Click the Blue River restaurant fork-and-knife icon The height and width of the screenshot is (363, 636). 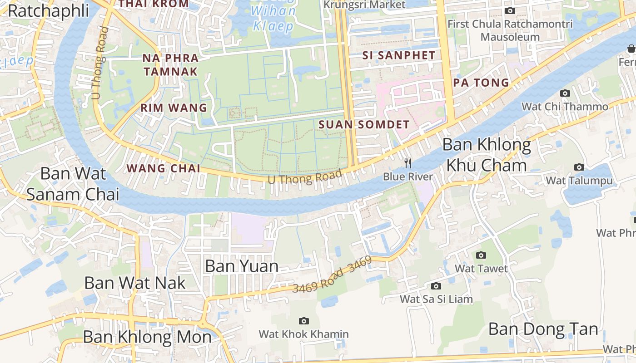pos(408,163)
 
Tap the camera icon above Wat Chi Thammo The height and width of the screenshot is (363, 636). pos(565,93)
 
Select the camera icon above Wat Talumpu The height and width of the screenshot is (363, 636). pos(579,167)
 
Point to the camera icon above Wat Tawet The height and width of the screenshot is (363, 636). pos(481,255)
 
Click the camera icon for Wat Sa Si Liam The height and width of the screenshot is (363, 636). pos(436,286)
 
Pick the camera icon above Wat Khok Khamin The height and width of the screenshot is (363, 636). pos(304,321)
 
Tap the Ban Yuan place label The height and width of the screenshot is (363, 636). pos(242,266)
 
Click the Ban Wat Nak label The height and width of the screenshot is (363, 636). pos(135,283)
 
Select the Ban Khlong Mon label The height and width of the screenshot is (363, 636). pos(147,337)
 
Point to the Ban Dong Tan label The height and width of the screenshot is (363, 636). pos(543,329)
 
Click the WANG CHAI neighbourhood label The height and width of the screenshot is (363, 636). pos(164,168)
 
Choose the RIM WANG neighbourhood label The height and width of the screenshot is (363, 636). pos(174,108)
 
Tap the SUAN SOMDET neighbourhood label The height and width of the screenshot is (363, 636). pos(364,124)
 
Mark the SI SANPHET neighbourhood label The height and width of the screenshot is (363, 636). pos(399,56)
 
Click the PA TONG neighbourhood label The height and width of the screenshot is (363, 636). pos(481,83)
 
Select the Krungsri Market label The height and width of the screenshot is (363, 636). pos(364,5)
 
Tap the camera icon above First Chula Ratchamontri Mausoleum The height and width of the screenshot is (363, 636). pos(510,10)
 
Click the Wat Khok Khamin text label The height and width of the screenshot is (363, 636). pos(304,334)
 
